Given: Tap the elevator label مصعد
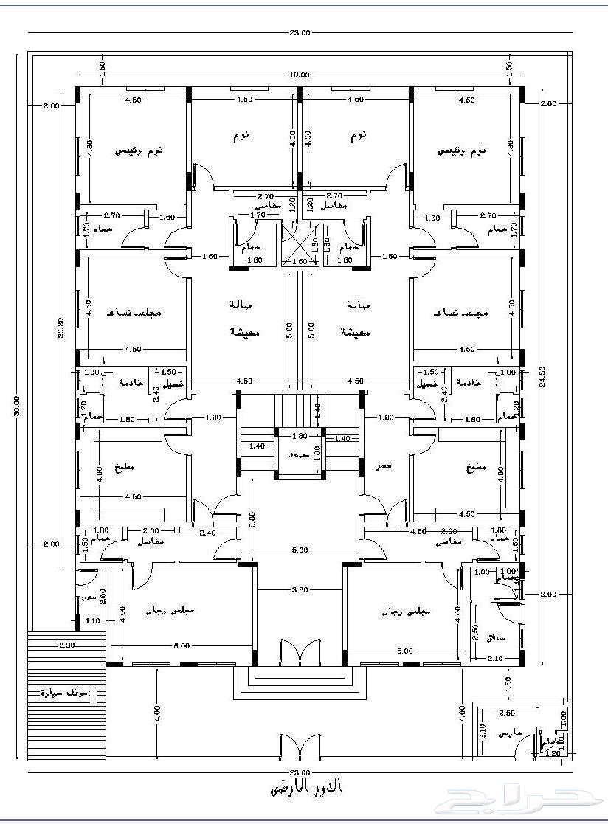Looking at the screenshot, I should tap(299, 456).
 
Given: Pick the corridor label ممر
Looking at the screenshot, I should tap(384, 466).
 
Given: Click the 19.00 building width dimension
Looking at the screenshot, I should tap(299, 75).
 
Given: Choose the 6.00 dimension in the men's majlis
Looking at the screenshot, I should tap(182, 646).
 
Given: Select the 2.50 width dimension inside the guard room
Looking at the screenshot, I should tap(506, 713).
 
